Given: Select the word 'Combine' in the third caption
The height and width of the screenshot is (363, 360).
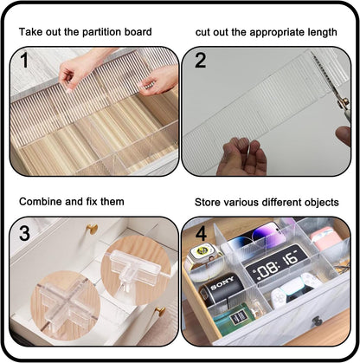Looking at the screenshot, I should point(41,202).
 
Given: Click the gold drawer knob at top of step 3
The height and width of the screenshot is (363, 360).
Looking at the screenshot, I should point(91,230).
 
